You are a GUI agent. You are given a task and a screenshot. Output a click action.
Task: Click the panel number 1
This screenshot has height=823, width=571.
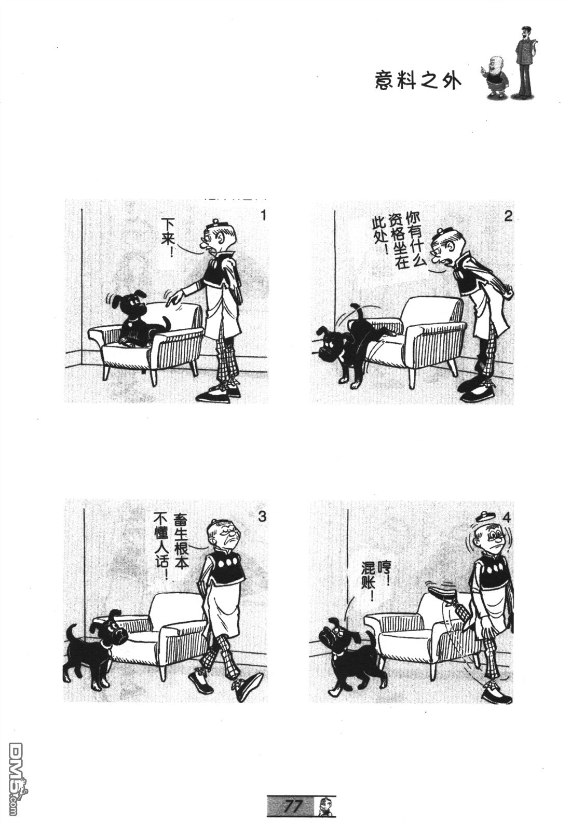[x=263, y=215]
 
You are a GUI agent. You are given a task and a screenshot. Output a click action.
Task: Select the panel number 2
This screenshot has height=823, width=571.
[x=508, y=216]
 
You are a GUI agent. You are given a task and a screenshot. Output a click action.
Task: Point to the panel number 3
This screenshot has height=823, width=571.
[x=262, y=516]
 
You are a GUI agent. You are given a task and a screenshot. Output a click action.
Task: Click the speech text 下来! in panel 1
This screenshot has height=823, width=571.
[x=170, y=235]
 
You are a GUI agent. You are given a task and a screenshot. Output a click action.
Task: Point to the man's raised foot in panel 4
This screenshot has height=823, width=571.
[x=443, y=591]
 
